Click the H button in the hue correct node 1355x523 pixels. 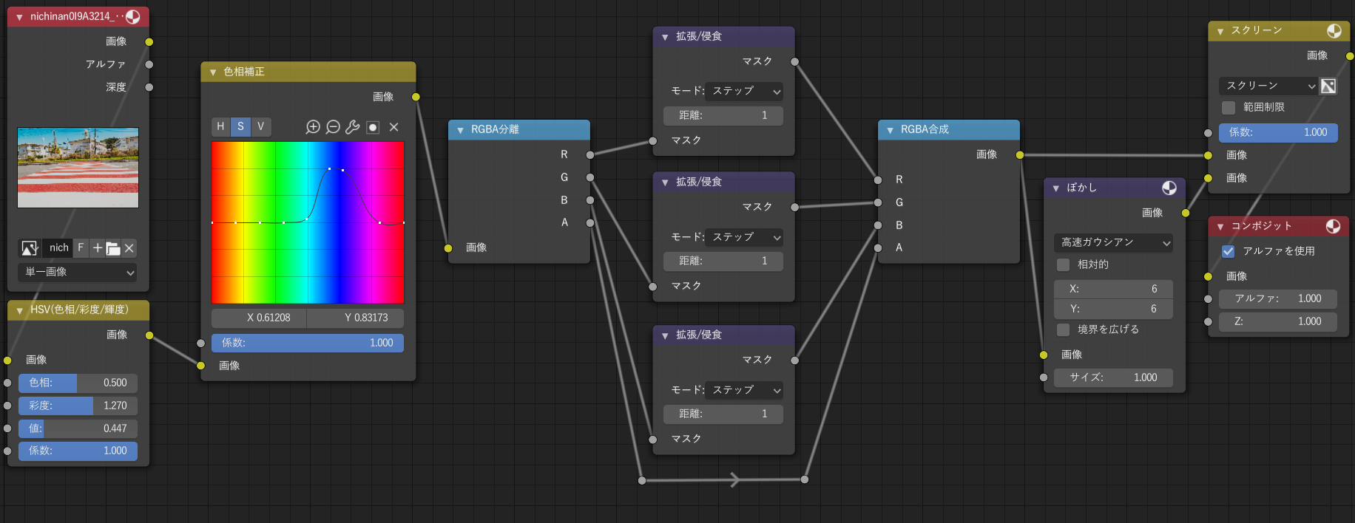click(x=220, y=127)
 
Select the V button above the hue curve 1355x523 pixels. click(x=261, y=127)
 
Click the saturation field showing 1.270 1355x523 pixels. click(x=78, y=406)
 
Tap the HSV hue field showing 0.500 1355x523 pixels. click(x=78, y=383)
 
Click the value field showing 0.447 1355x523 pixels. click(x=78, y=428)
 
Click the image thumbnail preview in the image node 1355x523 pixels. click(x=78, y=168)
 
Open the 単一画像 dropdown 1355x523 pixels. click(x=78, y=272)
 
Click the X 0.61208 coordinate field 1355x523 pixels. click(x=259, y=318)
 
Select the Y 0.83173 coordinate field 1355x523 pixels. click(x=356, y=318)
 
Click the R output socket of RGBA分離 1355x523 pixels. click(x=590, y=155)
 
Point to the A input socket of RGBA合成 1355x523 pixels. click(x=878, y=248)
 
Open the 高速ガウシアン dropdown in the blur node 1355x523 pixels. click(x=1113, y=242)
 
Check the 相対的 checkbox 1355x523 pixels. click(x=1064, y=264)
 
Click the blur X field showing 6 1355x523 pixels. click(x=1113, y=289)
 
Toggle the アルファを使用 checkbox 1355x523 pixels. click(x=1229, y=251)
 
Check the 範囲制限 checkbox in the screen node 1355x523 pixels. click(x=1229, y=108)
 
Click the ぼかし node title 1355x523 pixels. click(x=1081, y=188)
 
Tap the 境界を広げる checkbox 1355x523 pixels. click(x=1064, y=329)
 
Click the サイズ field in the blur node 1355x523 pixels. click(x=1113, y=377)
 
